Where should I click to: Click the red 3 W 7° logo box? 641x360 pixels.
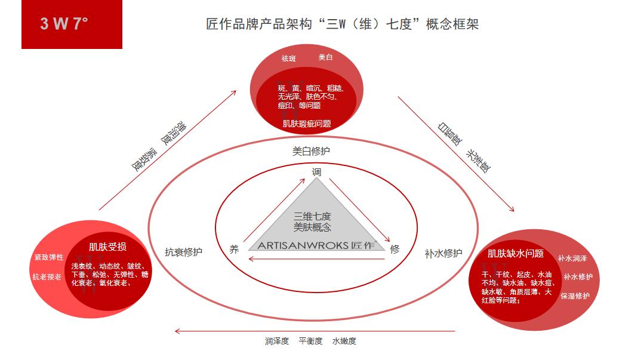pos(72,24)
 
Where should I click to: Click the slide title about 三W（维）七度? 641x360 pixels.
pos(342,24)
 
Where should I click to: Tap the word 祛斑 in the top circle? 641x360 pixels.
pos(288,59)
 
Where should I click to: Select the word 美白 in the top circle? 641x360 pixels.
pos(325,57)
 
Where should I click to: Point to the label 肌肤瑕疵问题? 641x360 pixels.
pos(307,124)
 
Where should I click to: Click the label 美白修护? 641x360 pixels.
pos(311,151)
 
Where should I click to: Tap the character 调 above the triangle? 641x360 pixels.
pos(317,172)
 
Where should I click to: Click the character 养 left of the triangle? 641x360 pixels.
pos(234,250)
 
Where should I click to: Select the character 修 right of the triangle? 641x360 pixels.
pos(395,250)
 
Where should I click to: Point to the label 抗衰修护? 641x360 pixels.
pos(184,252)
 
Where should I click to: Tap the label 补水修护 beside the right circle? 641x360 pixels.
pos(443,253)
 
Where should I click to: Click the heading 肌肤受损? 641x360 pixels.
pos(107,247)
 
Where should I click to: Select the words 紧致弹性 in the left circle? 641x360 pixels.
pos(49,257)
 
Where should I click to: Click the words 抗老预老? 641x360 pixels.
pos(47,276)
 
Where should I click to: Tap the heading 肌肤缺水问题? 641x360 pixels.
pos(516,254)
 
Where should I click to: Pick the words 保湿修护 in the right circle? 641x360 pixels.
pos(575,296)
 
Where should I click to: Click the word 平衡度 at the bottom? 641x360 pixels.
pos(310,341)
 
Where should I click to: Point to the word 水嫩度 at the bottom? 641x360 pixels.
pos(344,341)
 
